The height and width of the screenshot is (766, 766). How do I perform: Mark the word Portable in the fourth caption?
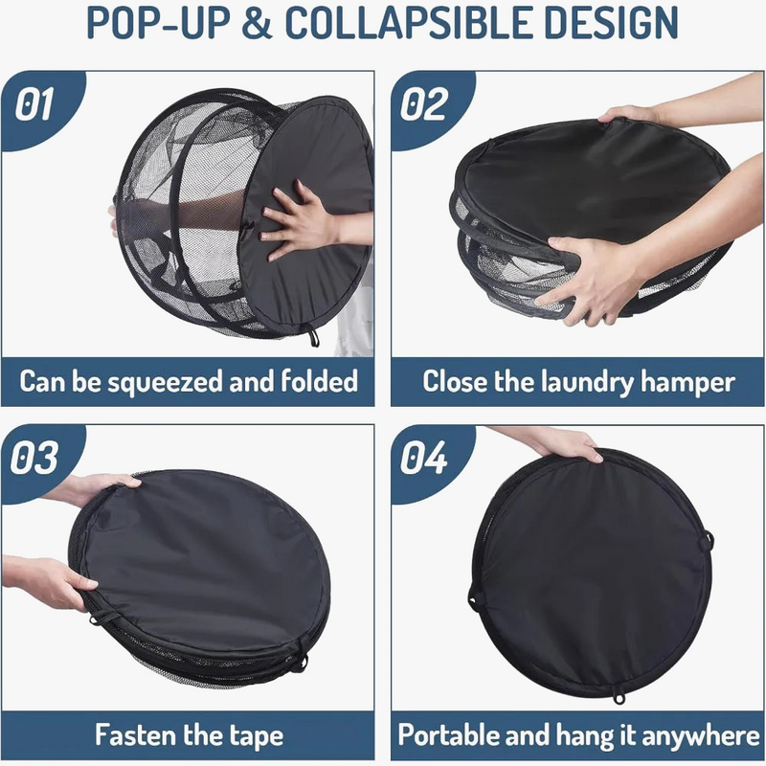point(452,736)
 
